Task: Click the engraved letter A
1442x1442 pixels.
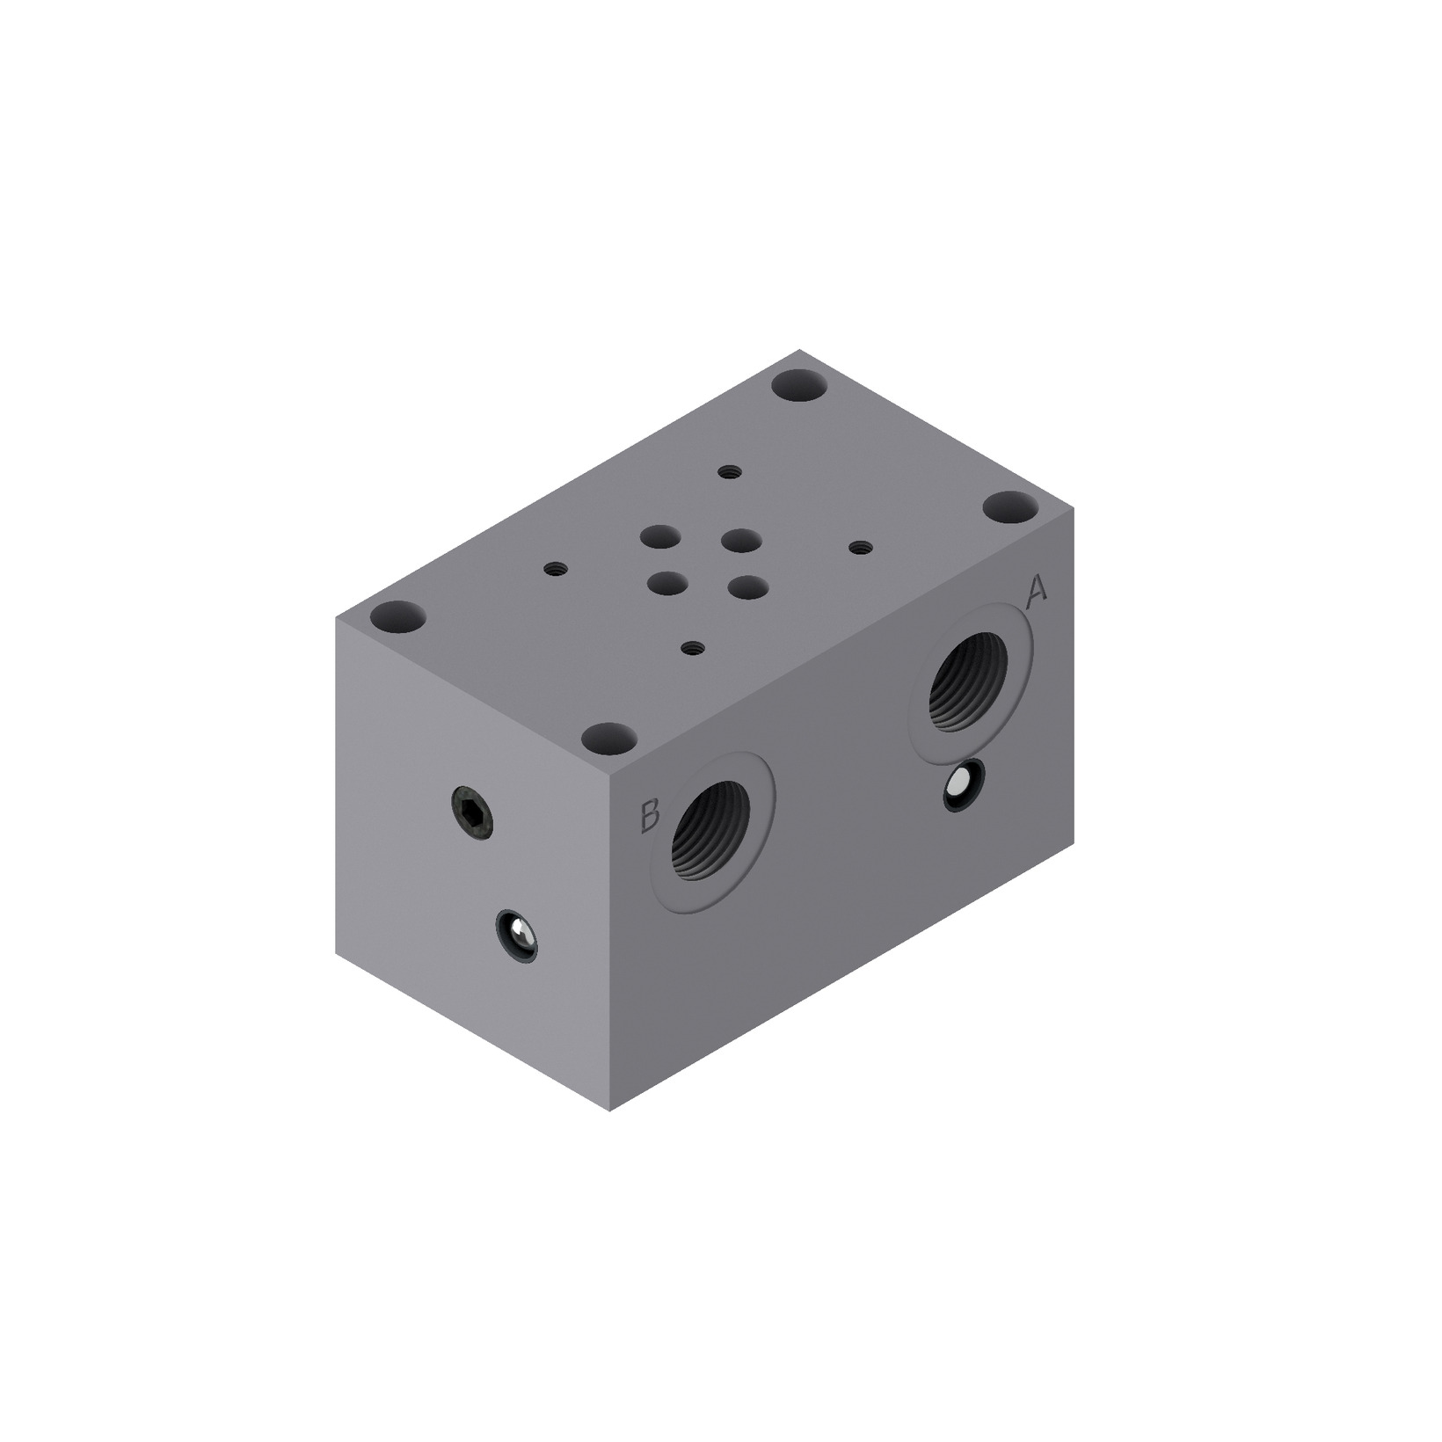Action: point(1037,592)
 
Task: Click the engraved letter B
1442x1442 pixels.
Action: point(649,815)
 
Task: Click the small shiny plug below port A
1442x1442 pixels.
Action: point(963,785)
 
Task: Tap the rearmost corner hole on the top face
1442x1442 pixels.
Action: point(800,386)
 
